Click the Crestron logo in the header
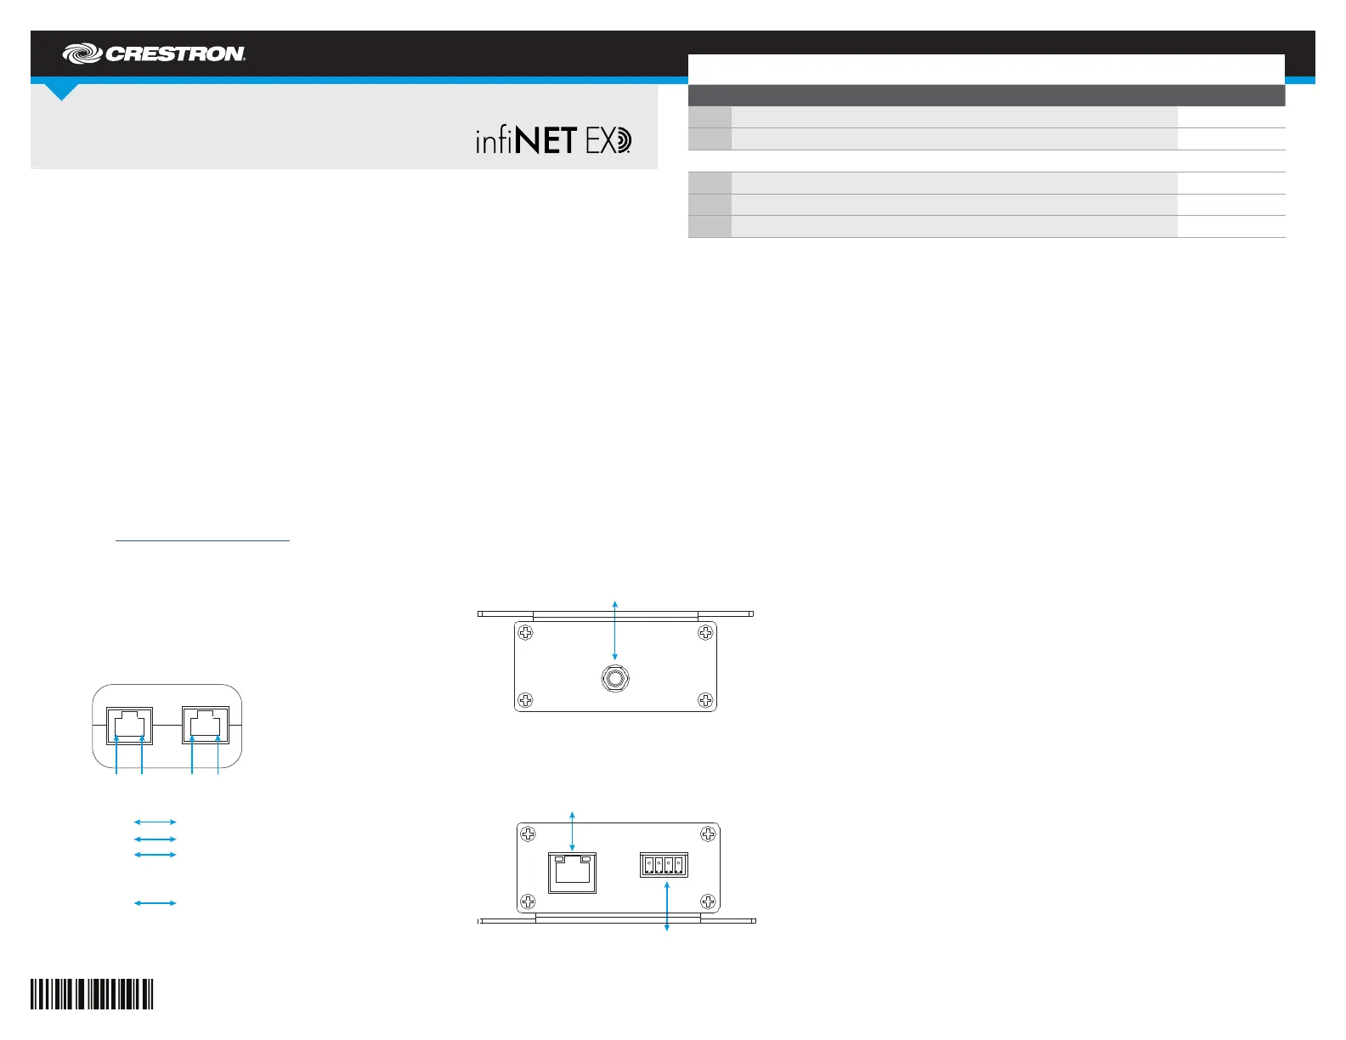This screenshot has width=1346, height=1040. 154,54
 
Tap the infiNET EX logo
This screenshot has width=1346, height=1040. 553,140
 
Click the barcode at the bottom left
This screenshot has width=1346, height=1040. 92,994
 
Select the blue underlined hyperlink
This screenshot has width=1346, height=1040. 202,540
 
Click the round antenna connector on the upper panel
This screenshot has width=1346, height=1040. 614,679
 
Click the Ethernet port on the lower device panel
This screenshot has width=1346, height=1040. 572,873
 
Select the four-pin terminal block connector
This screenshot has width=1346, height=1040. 663,865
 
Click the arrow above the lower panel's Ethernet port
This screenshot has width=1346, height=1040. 572,830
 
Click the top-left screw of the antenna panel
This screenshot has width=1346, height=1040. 526,633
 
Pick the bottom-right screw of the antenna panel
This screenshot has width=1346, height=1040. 705,700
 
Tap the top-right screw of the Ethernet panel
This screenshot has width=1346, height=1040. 708,834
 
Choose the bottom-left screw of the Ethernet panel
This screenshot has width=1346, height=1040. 528,902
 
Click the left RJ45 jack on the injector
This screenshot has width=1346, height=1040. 130,725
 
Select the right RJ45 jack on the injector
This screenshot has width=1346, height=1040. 206,725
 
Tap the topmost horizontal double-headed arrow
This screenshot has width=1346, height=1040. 156,822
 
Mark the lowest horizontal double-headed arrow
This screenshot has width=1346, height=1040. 156,903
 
